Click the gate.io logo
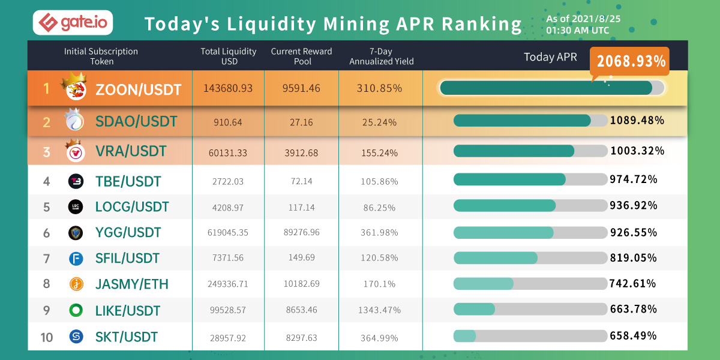[x=73, y=23]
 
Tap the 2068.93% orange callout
[x=630, y=61]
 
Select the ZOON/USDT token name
[x=138, y=89]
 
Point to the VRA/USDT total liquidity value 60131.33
[x=228, y=152]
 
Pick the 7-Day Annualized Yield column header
[x=381, y=56]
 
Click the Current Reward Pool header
[x=301, y=56]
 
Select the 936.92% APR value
[x=634, y=205]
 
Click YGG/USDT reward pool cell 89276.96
[x=301, y=232]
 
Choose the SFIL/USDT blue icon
[x=76, y=259]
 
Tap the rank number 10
[x=47, y=337]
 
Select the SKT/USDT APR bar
[x=530, y=335]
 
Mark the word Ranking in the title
[x=482, y=24]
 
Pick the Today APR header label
[x=550, y=57]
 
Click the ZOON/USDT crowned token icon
[x=76, y=89]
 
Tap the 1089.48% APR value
[x=637, y=121]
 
